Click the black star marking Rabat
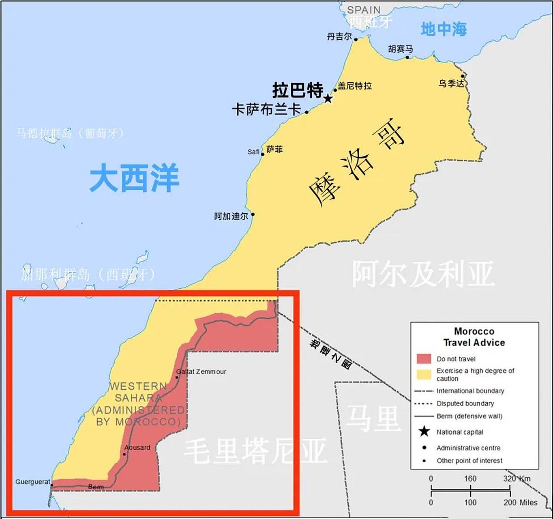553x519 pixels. (x=328, y=99)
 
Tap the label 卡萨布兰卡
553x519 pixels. (x=266, y=109)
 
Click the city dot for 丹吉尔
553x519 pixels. (x=356, y=39)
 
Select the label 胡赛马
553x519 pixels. (x=400, y=49)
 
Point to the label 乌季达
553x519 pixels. (x=451, y=84)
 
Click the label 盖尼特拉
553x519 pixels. (x=355, y=86)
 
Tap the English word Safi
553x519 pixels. (x=253, y=152)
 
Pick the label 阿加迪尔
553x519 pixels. (x=231, y=216)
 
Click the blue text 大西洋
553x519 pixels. (x=134, y=178)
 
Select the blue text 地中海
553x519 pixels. (x=444, y=29)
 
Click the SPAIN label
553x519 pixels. (x=364, y=10)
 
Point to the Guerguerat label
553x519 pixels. (x=32, y=482)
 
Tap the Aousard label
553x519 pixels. (x=137, y=448)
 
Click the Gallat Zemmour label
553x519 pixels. (x=201, y=371)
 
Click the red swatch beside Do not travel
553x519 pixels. (x=424, y=358)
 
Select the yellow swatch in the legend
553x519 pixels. (x=424, y=374)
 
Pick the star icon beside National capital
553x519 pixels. (x=424, y=431)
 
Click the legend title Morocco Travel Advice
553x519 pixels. (x=474, y=337)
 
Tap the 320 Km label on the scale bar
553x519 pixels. (x=517, y=478)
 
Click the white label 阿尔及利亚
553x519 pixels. (x=423, y=274)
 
